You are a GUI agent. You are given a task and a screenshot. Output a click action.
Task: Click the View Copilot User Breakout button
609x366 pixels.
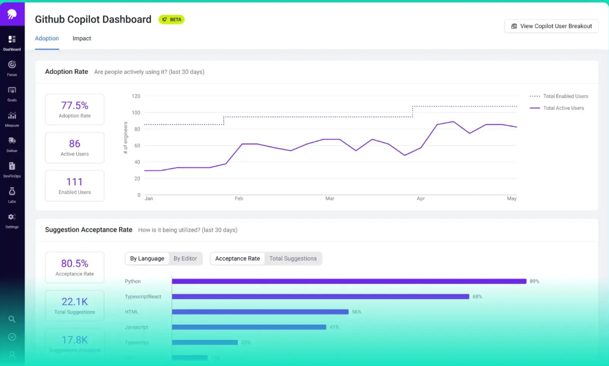click(551, 26)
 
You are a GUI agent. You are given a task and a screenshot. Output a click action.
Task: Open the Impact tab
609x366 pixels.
click(82, 39)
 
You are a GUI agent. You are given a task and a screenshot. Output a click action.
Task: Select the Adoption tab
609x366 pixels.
click(47, 39)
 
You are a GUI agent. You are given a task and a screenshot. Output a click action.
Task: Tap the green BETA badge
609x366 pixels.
click(172, 19)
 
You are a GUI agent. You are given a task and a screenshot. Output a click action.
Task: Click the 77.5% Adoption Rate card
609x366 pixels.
click(75, 109)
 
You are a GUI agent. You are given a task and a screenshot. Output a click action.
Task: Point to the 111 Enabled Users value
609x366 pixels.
click(75, 182)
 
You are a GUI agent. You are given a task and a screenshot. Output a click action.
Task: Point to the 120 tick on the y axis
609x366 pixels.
click(136, 96)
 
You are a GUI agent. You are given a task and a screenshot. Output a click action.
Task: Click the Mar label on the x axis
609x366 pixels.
click(330, 199)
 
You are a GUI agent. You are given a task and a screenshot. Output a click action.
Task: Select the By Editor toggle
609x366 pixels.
click(185, 259)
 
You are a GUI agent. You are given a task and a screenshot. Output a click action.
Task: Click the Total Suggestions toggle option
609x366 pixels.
click(293, 259)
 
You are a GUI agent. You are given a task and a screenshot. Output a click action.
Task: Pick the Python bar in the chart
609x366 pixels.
click(349, 281)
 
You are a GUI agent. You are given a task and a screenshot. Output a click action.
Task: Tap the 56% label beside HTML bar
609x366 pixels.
click(357, 312)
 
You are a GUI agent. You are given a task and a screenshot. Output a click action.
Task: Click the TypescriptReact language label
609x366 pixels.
click(143, 297)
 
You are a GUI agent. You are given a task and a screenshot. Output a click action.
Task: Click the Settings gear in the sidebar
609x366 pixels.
click(12, 217)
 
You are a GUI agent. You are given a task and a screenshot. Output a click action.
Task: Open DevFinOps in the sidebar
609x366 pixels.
click(12, 167)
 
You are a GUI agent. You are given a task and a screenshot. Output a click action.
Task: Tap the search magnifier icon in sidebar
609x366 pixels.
click(12, 319)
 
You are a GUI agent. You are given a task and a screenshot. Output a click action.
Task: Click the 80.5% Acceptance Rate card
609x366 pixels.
click(75, 267)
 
